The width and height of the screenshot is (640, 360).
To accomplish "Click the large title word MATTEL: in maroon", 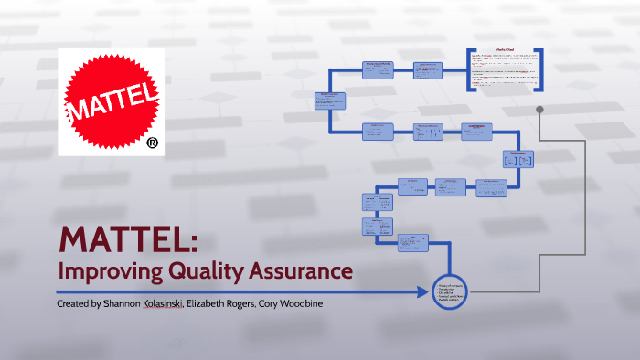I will [128, 239].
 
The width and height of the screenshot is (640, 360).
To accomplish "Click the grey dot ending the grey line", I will [540, 110].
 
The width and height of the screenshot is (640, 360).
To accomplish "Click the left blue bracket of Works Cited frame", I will [468, 69].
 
